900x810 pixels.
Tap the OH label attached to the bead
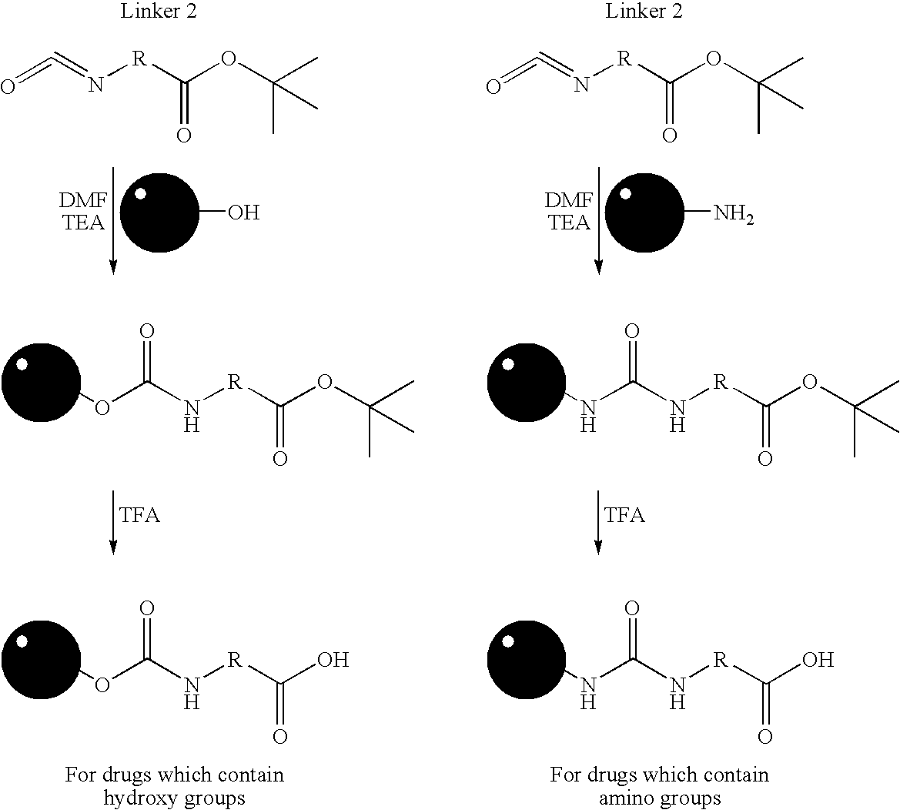[x=243, y=213]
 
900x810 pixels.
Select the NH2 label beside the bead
[x=734, y=214]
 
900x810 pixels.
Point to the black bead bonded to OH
[x=159, y=213]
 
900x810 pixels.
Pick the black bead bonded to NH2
[x=645, y=213]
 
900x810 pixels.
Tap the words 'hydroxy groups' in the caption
[x=174, y=798]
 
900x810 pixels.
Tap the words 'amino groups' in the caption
[x=660, y=798]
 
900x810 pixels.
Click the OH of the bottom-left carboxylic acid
[x=333, y=660]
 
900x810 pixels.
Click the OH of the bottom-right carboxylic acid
[x=818, y=660]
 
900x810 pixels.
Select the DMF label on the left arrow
[x=83, y=200]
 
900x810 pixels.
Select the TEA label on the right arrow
[x=570, y=223]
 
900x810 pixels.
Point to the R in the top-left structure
[x=139, y=58]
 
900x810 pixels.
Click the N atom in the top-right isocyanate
[x=581, y=85]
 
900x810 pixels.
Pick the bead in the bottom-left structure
[x=42, y=660]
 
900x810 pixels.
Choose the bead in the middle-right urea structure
[x=527, y=383]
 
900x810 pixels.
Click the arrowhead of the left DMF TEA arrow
[x=113, y=267]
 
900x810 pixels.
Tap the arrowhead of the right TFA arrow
[x=599, y=547]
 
